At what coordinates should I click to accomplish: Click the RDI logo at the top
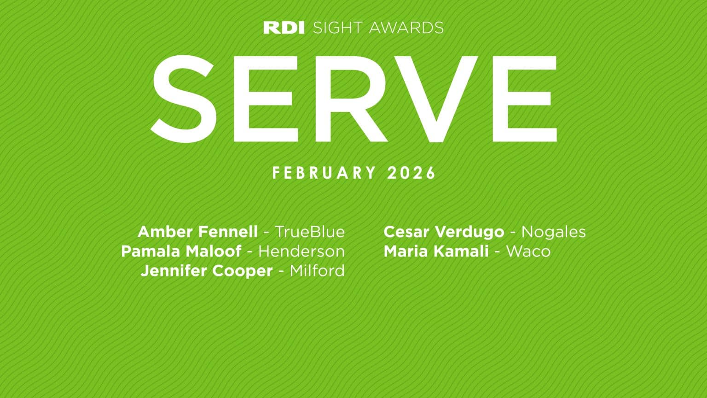tap(284, 28)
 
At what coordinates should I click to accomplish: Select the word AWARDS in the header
tap(406, 28)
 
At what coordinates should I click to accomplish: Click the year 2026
tap(411, 173)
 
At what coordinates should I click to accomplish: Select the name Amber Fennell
tap(197, 232)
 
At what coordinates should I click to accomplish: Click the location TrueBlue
tap(310, 232)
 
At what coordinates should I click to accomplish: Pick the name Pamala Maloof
tap(181, 252)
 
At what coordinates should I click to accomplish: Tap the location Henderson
tap(301, 252)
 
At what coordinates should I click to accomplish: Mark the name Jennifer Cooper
tap(207, 271)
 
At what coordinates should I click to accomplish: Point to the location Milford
tap(317, 271)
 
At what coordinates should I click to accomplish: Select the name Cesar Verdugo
tap(444, 232)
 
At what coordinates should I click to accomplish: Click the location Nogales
tap(553, 232)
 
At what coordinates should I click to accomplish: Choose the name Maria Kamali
tap(436, 252)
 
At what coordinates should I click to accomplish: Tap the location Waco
tap(528, 252)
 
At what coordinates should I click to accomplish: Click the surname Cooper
tap(243, 271)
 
